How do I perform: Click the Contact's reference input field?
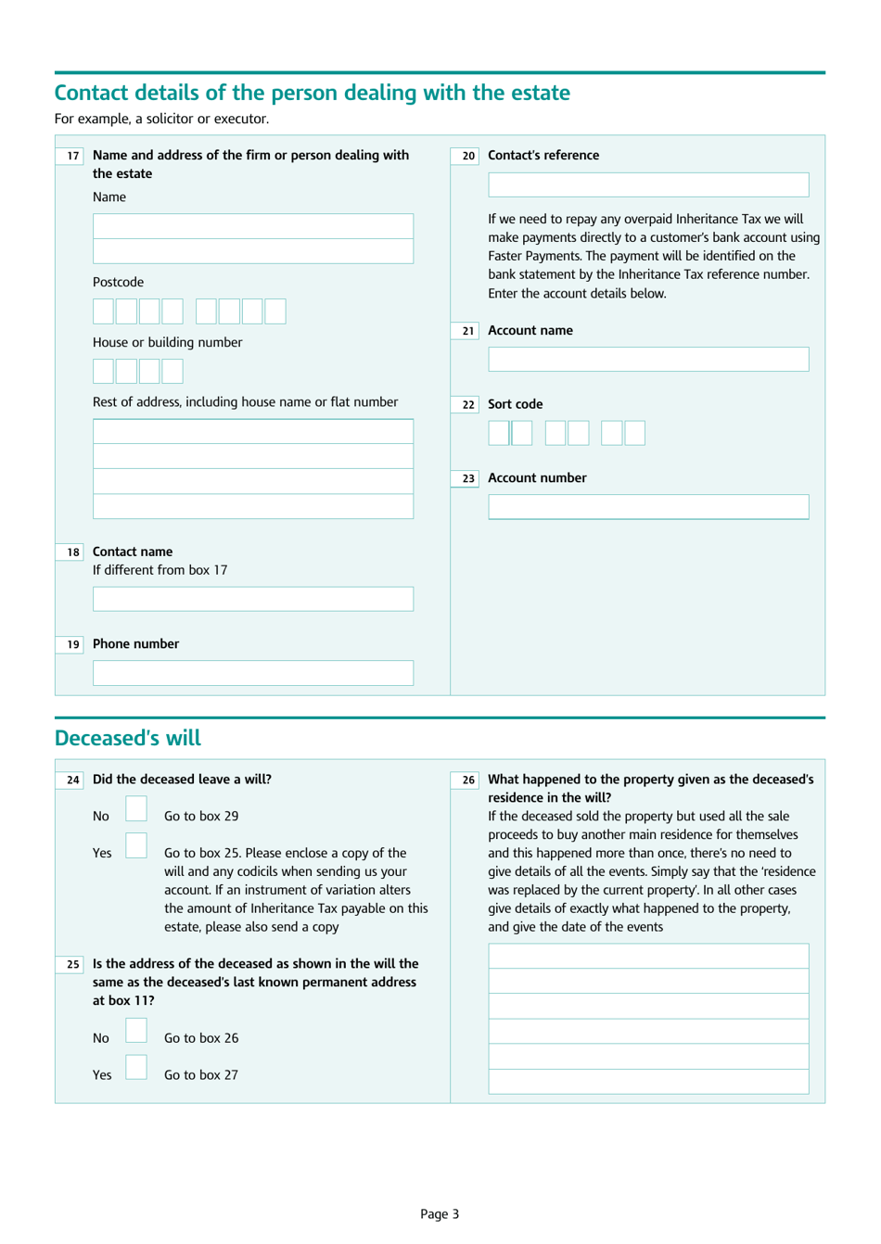point(648,184)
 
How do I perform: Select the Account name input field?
point(648,359)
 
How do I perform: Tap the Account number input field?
point(648,506)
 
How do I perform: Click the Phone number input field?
point(252,672)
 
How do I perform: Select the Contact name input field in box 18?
point(252,598)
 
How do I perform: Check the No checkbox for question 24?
point(136,809)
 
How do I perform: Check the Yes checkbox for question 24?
point(136,845)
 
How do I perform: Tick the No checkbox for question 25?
point(136,1031)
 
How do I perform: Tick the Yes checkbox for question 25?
point(136,1068)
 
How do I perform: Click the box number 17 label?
point(73,156)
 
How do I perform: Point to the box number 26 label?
point(468,780)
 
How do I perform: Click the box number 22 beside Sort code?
point(468,405)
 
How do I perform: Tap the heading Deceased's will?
point(128,738)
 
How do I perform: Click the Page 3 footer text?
point(440,1213)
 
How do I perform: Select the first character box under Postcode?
point(103,311)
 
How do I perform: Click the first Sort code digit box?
point(498,433)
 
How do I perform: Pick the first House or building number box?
point(103,371)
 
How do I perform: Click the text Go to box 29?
point(201,816)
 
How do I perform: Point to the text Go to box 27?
point(201,1074)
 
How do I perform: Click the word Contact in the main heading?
point(95,93)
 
